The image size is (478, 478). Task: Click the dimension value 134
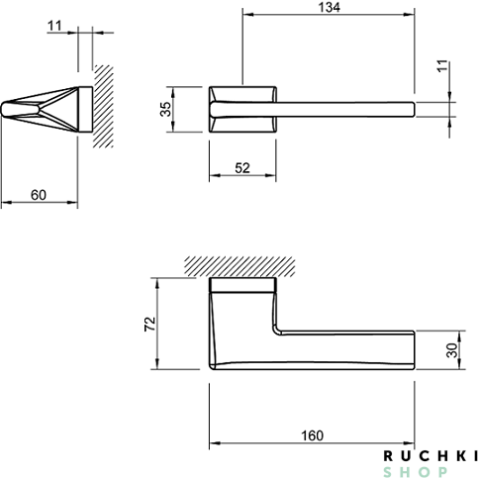point(329,7)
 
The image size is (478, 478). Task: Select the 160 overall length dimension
point(312,435)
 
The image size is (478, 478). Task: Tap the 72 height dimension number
point(150,324)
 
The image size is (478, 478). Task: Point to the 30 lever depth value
point(452,350)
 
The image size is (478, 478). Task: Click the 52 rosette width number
point(242,168)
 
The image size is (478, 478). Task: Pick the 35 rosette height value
point(165,109)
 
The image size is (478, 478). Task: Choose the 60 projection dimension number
point(39,195)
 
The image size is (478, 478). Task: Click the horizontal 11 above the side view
point(54,26)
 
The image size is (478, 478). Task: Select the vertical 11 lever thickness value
point(443,65)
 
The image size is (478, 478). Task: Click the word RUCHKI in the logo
point(430,456)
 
